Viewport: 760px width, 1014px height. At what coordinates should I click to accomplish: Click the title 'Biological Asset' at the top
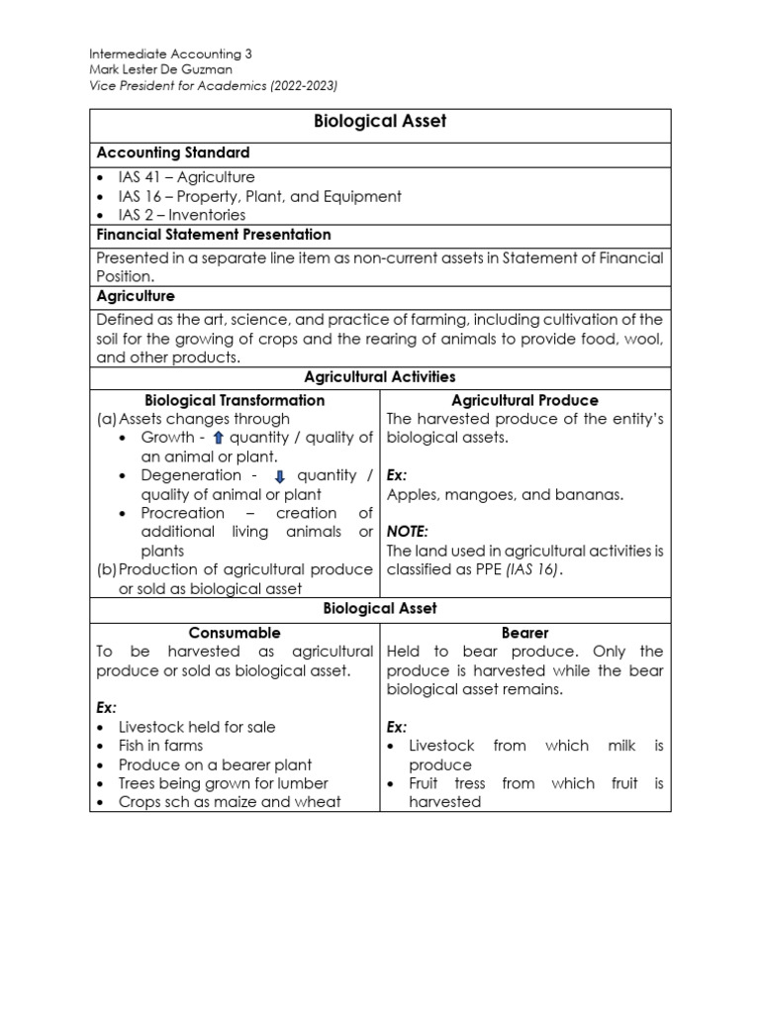tap(380, 122)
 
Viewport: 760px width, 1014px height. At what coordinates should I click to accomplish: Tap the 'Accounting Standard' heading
tap(172, 152)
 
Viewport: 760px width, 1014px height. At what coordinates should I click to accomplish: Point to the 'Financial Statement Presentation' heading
tap(214, 235)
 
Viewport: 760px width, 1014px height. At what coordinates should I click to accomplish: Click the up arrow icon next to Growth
tap(219, 439)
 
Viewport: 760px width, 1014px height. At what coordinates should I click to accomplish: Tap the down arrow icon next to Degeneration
tap(279, 476)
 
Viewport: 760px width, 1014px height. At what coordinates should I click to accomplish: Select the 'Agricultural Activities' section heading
tap(380, 377)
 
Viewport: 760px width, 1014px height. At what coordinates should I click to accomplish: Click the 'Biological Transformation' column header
tap(235, 400)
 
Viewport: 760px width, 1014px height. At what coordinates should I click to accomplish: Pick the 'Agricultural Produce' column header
tap(524, 400)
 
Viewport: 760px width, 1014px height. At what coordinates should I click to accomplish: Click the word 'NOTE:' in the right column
tap(408, 532)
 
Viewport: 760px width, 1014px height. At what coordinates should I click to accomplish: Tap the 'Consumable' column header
tap(235, 632)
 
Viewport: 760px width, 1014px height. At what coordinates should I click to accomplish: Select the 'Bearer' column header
tap(524, 632)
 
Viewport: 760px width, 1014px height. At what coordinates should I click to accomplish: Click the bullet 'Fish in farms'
tap(160, 746)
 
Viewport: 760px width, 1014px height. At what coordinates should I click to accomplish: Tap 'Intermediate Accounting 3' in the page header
tap(170, 54)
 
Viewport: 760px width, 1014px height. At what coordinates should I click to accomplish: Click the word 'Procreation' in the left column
tap(183, 514)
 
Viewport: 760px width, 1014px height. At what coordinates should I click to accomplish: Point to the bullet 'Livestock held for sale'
tap(197, 727)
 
